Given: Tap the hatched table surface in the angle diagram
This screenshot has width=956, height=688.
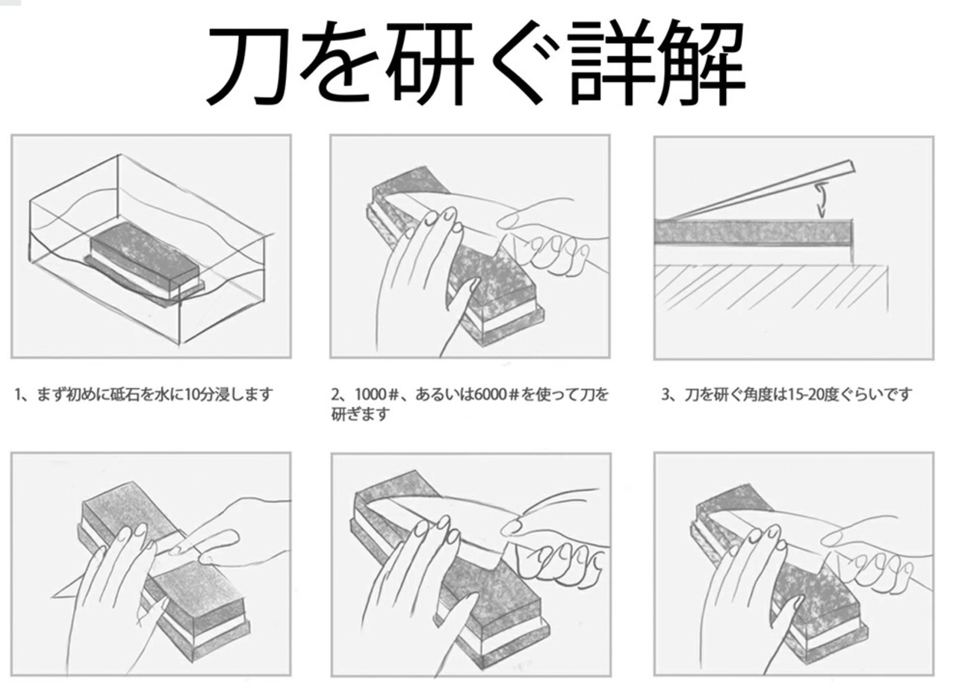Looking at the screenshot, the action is pyautogui.click(x=769, y=287).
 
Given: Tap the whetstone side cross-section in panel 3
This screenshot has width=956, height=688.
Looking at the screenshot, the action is pyautogui.click(x=754, y=231).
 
